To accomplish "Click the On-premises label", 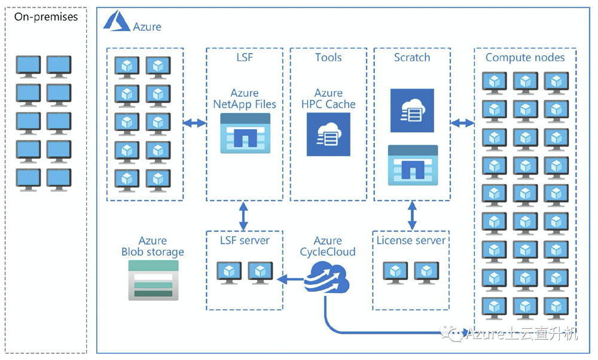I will tap(46, 17).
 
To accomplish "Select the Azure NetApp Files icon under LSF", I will tap(245, 133).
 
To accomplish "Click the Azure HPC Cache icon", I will tap(328, 135).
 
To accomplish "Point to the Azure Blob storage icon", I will tap(153, 280).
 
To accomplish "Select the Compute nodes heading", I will tap(524, 57).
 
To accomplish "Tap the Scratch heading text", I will tap(412, 57).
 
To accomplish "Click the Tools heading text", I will tap(328, 57).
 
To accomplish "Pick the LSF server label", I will tap(245, 240).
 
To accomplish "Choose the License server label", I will tap(411, 240).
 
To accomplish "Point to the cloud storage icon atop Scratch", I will tap(412, 111).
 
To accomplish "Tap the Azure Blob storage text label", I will tap(152, 246).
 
